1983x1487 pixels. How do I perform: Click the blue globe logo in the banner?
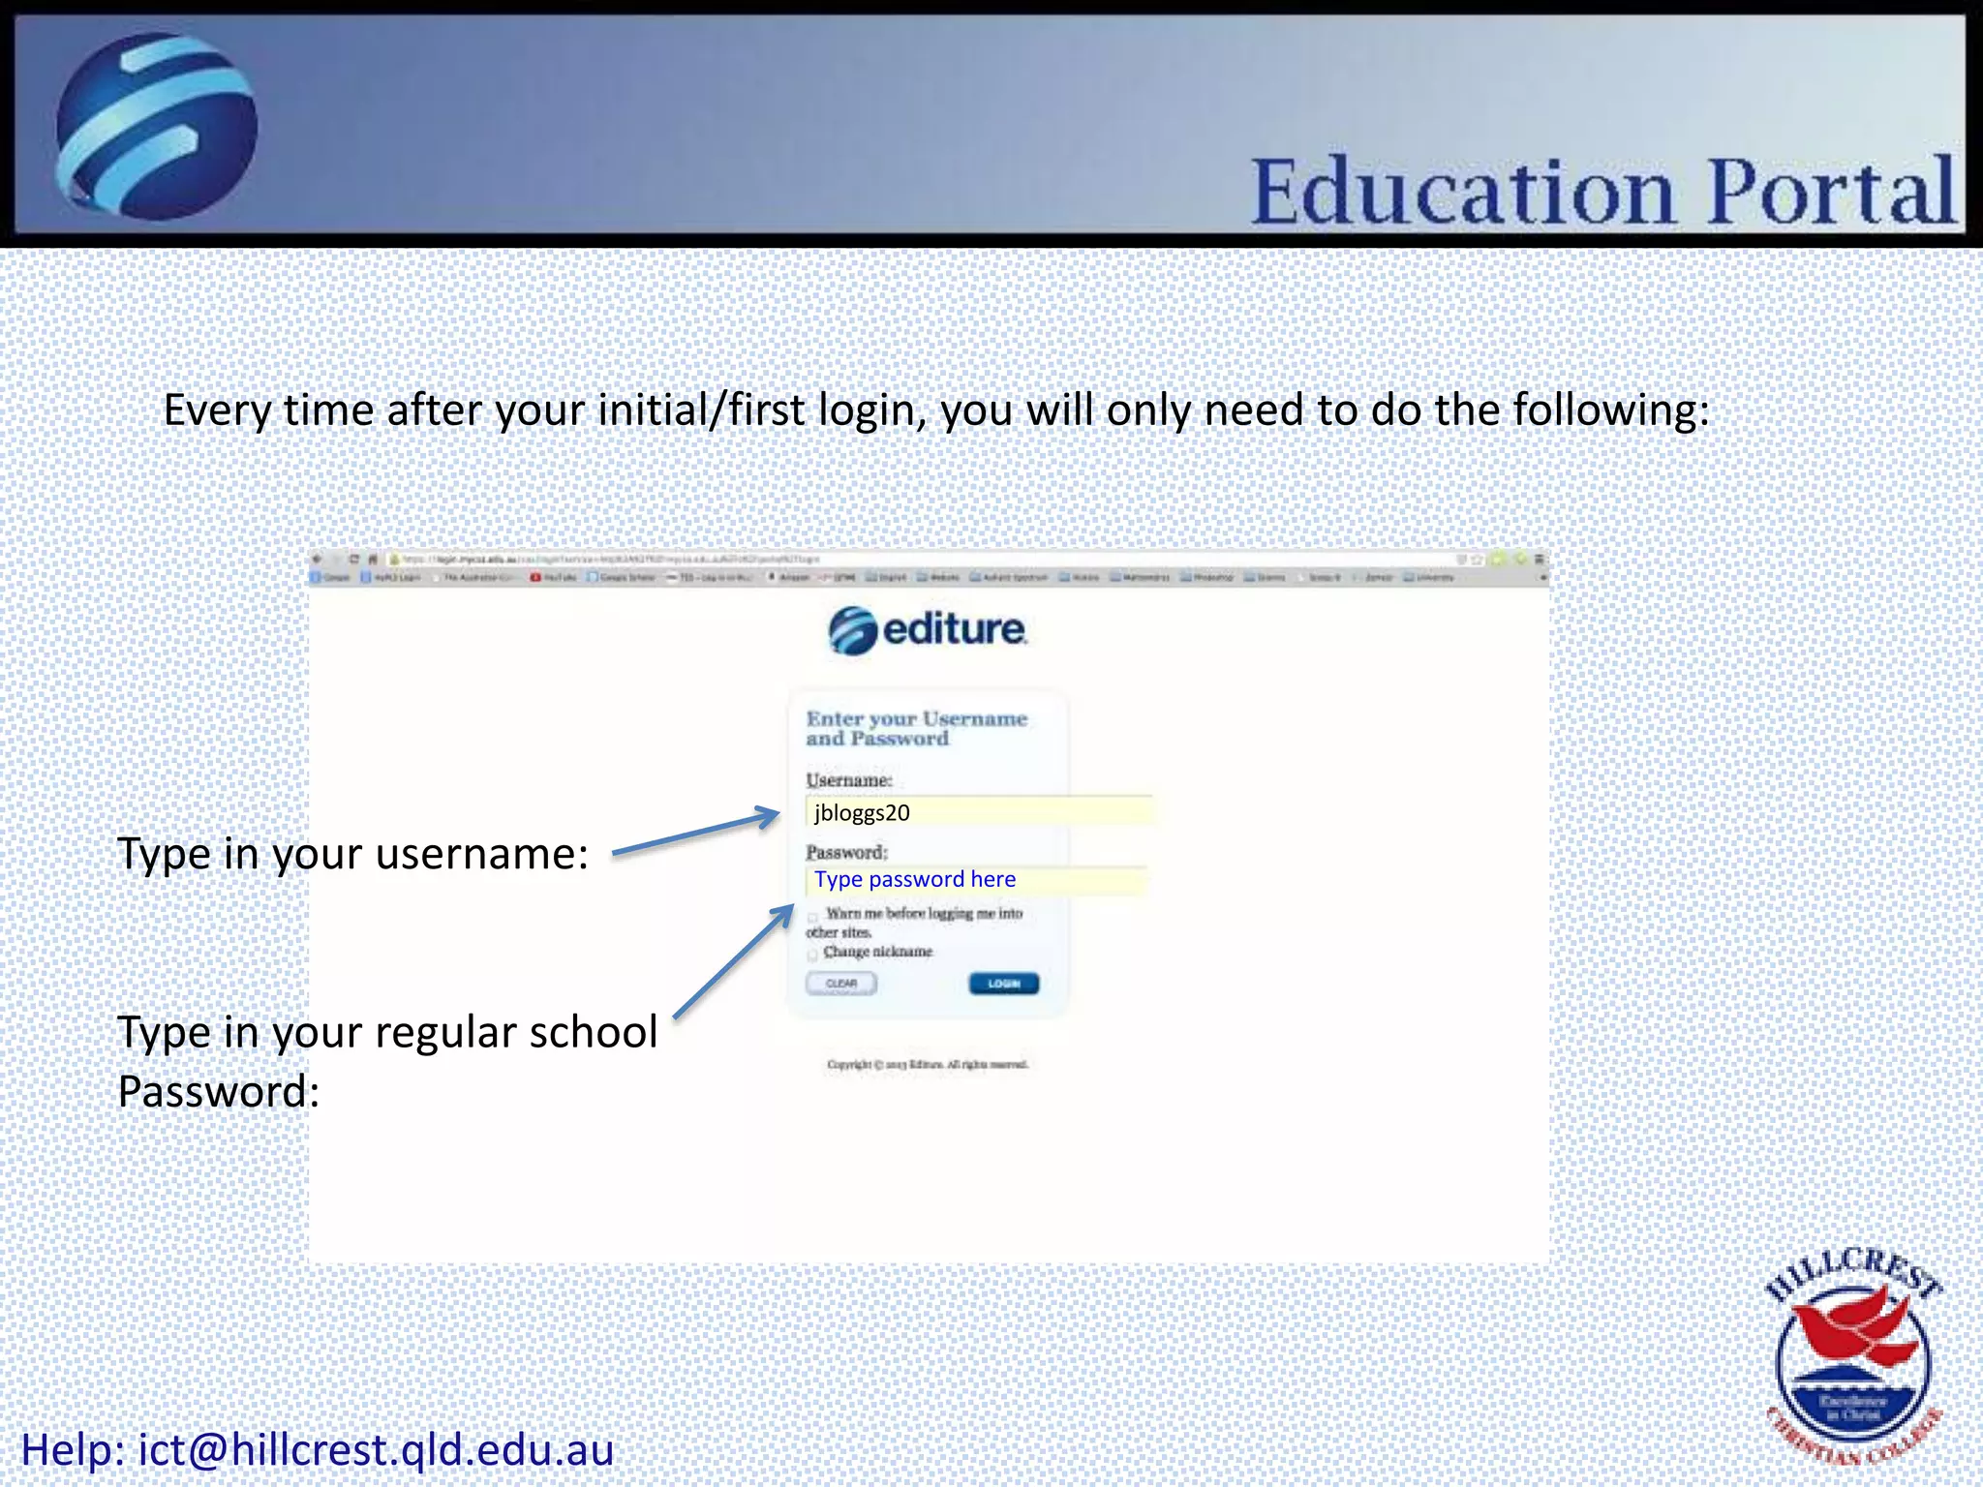[x=156, y=127]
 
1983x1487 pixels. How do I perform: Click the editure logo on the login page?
[x=927, y=630]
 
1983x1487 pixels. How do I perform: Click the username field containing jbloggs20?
[x=978, y=812]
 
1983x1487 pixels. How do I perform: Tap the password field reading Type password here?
[x=976, y=880]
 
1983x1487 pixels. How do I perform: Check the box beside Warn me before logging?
[x=813, y=916]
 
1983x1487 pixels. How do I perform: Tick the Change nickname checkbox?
[x=812, y=955]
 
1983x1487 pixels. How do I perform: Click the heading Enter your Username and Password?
[x=916, y=728]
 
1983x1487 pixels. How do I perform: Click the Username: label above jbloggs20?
[x=848, y=779]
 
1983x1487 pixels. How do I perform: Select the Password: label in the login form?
[x=846, y=852]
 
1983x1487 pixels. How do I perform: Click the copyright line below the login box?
[x=927, y=1064]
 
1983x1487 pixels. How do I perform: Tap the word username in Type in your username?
[x=481, y=854]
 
